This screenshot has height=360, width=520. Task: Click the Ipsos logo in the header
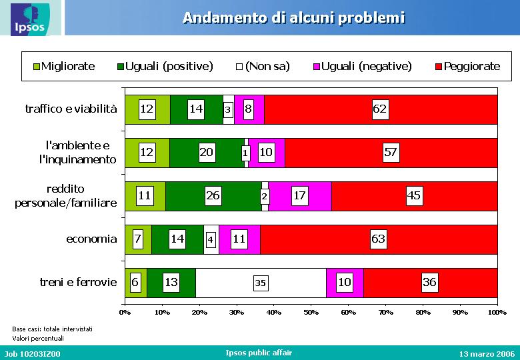coord(30,19)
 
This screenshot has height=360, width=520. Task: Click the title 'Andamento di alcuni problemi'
coord(294,18)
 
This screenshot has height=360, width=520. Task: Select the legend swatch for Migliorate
coord(37,67)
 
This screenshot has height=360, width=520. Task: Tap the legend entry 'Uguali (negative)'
coord(363,66)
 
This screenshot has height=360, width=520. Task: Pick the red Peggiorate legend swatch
coord(439,67)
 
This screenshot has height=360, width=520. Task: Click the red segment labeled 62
coord(381,109)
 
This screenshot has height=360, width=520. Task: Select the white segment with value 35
coord(261,283)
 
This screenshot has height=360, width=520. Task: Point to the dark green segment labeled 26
coord(213,196)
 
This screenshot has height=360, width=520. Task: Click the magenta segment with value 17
coord(300,196)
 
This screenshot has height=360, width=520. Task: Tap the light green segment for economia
coord(138,239)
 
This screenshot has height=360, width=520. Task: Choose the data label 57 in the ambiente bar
coord(391,152)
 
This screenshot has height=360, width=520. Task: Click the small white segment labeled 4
coord(211,239)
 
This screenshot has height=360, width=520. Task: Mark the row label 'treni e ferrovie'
coord(78,282)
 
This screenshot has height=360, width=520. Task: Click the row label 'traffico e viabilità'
coord(71,109)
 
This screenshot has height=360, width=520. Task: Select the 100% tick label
coord(497,312)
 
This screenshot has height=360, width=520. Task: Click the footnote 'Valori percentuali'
coord(38,339)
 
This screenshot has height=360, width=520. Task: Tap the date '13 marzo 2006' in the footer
coord(487,354)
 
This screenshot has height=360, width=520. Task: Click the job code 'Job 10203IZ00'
coord(33,354)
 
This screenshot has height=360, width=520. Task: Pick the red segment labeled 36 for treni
coord(431,283)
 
